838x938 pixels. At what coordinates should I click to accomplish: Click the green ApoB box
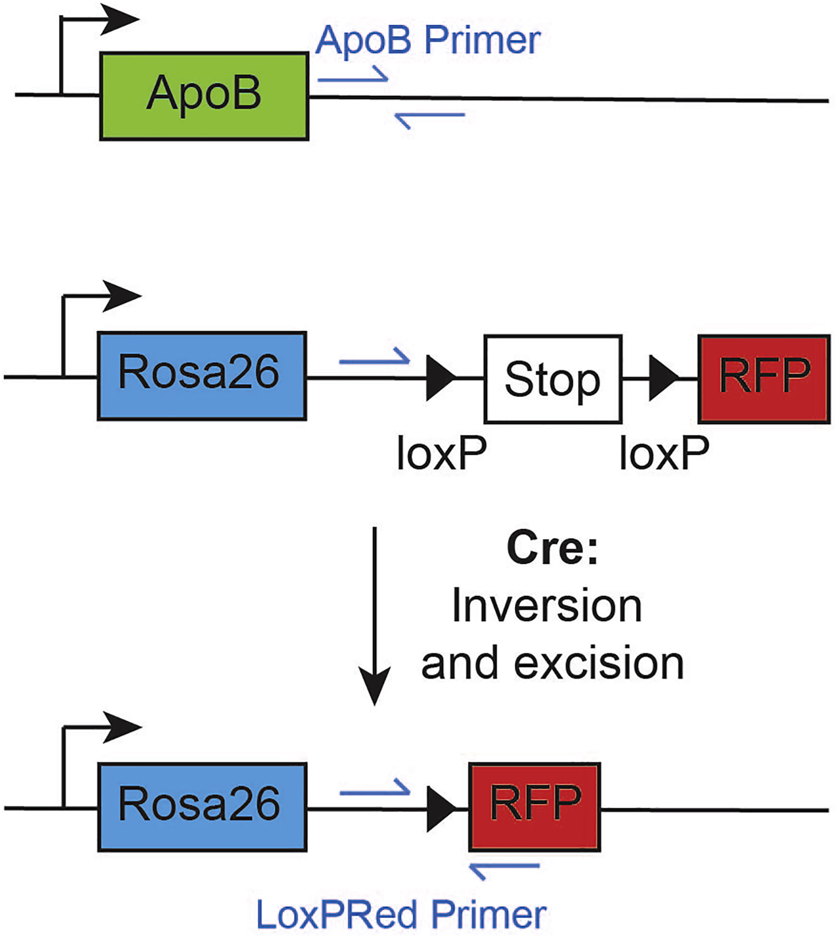[x=204, y=95]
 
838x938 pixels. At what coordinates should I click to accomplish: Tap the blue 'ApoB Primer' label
[x=428, y=40]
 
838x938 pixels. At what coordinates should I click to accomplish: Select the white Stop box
[x=553, y=379]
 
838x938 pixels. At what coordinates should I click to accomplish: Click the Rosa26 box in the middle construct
[x=201, y=376]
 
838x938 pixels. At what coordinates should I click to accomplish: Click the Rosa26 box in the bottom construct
[x=202, y=807]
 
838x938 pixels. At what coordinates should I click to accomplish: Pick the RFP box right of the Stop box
[x=764, y=379]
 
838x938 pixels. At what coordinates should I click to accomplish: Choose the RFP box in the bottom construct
[x=535, y=807]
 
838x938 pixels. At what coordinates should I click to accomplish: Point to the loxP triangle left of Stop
[x=439, y=378]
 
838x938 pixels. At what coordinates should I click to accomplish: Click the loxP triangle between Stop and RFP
[x=662, y=378]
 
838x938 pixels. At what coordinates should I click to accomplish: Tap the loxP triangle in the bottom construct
[x=440, y=809]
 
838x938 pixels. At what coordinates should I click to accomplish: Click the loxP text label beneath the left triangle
[x=441, y=453]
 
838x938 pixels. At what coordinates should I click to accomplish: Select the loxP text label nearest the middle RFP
[x=664, y=453]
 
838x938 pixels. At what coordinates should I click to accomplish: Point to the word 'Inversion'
[x=547, y=606]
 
